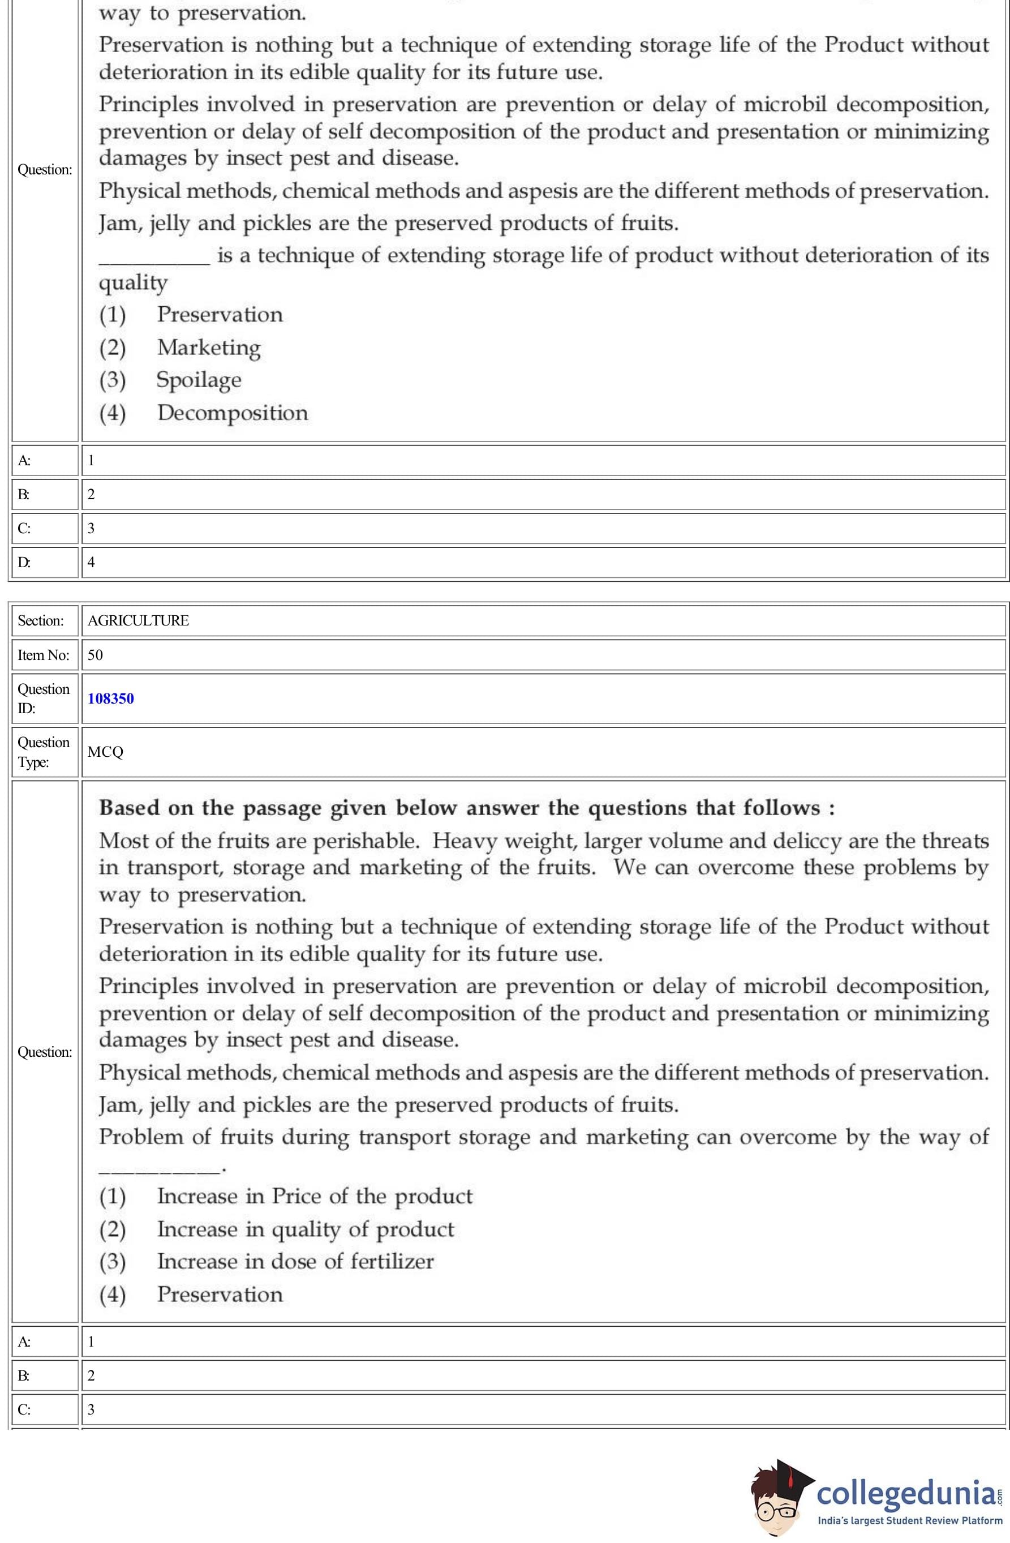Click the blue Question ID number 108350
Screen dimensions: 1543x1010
pyautogui.click(x=111, y=698)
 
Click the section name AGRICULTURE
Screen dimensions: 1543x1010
pyautogui.click(x=138, y=620)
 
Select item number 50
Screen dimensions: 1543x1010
pyautogui.click(x=95, y=655)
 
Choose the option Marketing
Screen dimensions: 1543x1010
pyautogui.click(x=209, y=348)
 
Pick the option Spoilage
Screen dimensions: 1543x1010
pyautogui.click(x=199, y=380)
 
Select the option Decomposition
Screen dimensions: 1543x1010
pyautogui.click(x=232, y=413)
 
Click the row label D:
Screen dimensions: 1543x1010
pyautogui.click(x=24, y=562)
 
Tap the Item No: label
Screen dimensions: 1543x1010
pyautogui.click(x=44, y=655)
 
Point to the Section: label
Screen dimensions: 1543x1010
pyautogui.click(x=41, y=620)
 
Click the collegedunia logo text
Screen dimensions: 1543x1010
pyautogui.click(x=906, y=1493)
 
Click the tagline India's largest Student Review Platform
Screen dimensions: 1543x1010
pyautogui.click(x=909, y=1520)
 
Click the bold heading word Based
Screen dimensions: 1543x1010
pyautogui.click(x=129, y=808)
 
